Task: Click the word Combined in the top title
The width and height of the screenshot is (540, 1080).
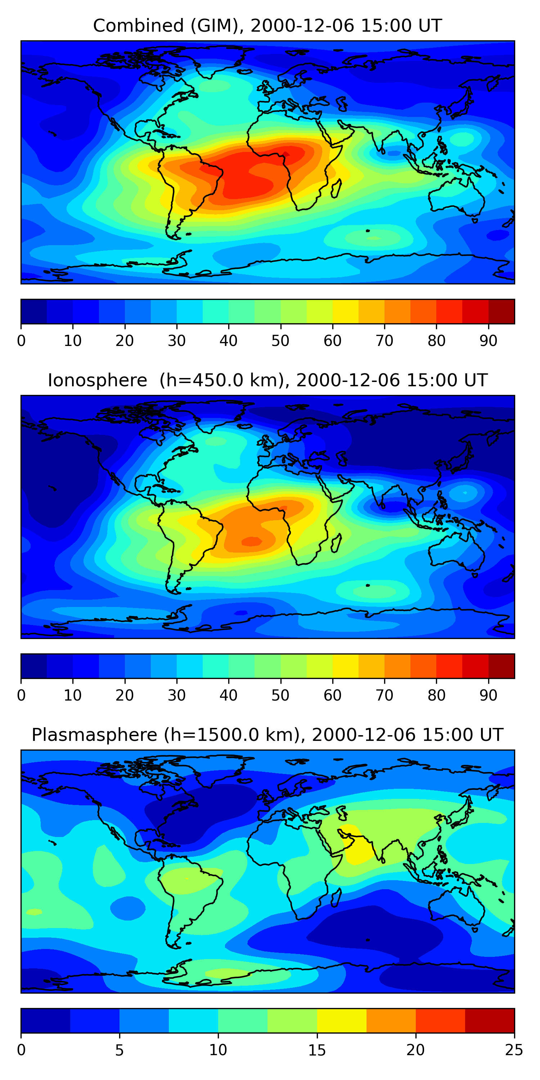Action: pos(138,26)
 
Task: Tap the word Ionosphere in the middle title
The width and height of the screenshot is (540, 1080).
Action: pos(97,380)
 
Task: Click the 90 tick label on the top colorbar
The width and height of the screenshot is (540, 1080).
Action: pos(489,341)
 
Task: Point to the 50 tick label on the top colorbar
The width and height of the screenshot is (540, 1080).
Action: pos(280,341)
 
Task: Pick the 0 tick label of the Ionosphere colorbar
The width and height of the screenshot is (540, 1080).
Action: pos(21,695)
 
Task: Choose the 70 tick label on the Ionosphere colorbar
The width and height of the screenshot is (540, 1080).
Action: pos(384,695)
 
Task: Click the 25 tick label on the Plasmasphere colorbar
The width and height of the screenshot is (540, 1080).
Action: pos(514,1050)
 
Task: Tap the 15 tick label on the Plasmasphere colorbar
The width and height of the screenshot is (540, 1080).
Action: pos(317,1050)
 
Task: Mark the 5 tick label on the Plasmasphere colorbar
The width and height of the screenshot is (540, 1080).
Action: pos(120,1050)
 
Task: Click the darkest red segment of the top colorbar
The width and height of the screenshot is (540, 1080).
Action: pos(501,311)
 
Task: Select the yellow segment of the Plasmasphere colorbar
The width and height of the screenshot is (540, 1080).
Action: pos(342,1021)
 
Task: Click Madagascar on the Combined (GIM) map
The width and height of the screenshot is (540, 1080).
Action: pos(336,189)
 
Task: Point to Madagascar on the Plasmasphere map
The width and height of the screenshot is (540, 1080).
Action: pos(336,898)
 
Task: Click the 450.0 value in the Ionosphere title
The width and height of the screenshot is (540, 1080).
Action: pos(219,380)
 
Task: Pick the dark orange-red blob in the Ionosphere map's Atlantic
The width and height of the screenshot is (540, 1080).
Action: pos(252,541)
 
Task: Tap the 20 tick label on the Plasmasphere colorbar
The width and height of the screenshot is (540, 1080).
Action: pos(415,1050)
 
